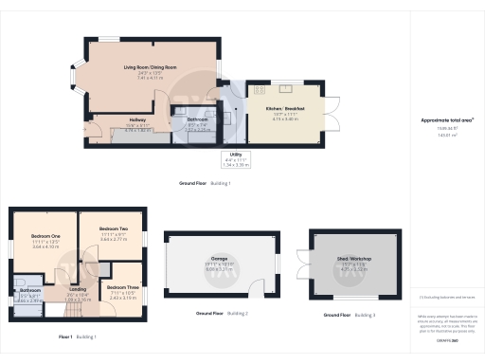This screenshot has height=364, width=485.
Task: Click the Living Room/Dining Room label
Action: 150,68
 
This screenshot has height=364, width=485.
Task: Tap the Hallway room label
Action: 111,119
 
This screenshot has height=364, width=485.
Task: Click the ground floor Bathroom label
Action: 186,119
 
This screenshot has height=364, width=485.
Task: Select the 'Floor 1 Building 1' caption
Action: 78,337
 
